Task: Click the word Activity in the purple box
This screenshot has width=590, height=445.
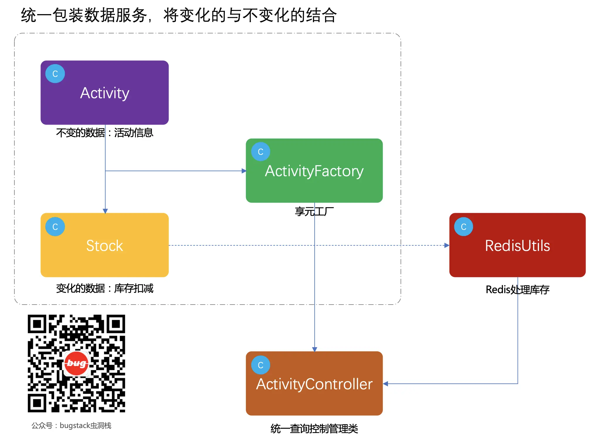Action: coord(105,93)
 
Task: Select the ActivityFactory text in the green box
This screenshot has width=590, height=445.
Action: coord(314,171)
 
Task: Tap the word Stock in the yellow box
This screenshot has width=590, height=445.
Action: coord(105,246)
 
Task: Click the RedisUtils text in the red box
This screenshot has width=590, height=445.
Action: coord(517,246)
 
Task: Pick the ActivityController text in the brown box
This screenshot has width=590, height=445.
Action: coord(314,384)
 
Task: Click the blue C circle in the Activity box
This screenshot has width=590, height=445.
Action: coord(55,74)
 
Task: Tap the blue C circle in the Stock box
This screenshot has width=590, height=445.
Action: coord(55,227)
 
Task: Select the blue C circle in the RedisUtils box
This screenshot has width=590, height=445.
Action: coord(463,227)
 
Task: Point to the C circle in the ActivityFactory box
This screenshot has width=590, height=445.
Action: coord(260,152)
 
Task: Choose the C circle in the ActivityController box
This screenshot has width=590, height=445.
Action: coord(260,365)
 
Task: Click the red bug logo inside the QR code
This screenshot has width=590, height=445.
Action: coord(76,364)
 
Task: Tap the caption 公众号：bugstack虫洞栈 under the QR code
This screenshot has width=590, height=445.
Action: coord(71,425)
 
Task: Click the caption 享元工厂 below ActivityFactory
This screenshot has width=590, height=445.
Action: coord(314,211)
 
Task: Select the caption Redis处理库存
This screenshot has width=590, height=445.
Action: coord(517,290)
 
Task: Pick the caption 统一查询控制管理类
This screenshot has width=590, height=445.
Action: coord(314,429)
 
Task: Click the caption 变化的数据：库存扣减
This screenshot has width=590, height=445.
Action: coord(105,288)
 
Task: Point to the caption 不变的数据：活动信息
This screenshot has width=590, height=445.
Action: coord(105,133)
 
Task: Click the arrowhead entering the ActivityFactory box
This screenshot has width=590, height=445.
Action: coord(244,171)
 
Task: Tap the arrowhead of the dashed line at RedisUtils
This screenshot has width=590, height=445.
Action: coord(447,245)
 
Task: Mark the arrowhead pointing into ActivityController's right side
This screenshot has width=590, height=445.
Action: coord(386,384)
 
